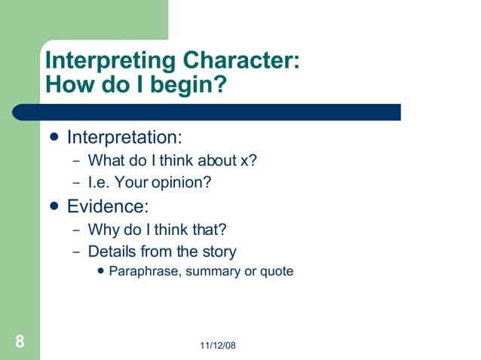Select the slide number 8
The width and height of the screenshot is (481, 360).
(20, 342)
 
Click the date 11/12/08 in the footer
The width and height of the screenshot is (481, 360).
(219, 346)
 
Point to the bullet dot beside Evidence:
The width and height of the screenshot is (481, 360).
(54, 206)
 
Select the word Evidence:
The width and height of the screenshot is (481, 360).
(108, 206)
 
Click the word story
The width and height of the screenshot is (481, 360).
(219, 252)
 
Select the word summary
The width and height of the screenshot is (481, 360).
(212, 271)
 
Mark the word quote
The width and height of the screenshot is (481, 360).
(276, 271)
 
